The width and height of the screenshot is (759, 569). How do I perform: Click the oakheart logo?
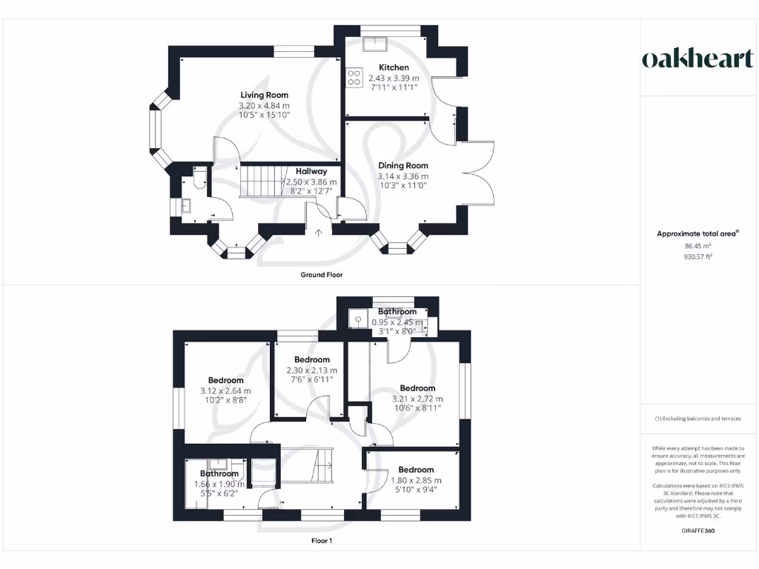pyautogui.click(x=697, y=59)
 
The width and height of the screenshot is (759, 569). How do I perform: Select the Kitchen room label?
pyautogui.click(x=394, y=67)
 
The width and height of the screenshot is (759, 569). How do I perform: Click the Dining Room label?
pyautogui.click(x=403, y=166)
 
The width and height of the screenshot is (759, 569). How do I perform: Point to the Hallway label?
pyautogui.click(x=311, y=171)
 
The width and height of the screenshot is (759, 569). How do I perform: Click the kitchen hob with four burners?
pyautogui.click(x=354, y=77)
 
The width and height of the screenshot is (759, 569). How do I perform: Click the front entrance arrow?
pyautogui.click(x=319, y=232)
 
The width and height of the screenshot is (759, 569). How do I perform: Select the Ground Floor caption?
pyautogui.click(x=321, y=275)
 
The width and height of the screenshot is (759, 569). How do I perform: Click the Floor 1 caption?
pyautogui.click(x=322, y=541)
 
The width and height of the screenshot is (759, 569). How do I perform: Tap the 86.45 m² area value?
pyautogui.click(x=697, y=245)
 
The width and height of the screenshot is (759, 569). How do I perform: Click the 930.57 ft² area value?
pyautogui.click(x=697, y=256)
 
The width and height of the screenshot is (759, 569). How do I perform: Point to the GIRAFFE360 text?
pyautogui.click(x=697, y=530)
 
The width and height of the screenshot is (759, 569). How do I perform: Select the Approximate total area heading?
pyautogui.click(x=697, y=233)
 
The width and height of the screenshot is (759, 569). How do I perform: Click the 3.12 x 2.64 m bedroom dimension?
pyautogui.click(x=225, y=391)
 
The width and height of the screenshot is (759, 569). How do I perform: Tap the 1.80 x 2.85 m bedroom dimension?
pyautogui.click(x=416, y=480)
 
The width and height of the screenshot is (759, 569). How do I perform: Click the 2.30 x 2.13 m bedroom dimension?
pyautogui.click(x=311, y=370)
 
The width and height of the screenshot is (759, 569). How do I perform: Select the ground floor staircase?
pyautogui.click(x=263, y=181)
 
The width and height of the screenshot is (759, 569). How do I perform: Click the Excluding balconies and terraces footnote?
pyautogui.click(x=697, y=419)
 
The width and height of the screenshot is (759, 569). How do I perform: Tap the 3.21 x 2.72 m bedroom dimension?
pyautogui.click(x=417, y=399)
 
